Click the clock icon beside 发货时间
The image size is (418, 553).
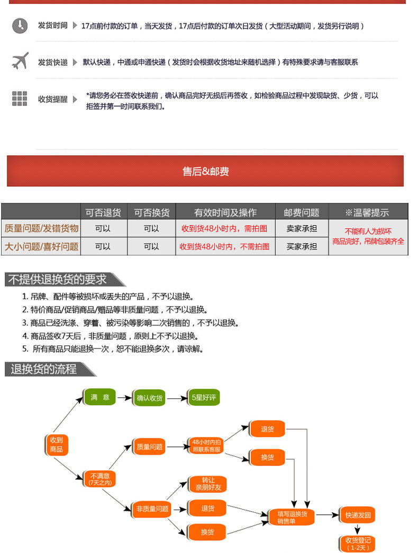(20, 25)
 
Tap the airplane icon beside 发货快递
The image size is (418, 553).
(20, 61)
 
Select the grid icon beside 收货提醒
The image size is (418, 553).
(20, 99)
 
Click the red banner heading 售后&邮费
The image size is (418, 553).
(205, 171)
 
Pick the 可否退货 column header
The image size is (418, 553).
(103, 212)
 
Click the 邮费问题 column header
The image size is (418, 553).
(302, 212)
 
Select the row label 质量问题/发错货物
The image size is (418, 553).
(41, 228)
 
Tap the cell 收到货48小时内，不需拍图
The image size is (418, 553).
(225, 246)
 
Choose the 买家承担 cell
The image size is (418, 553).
(302, 246)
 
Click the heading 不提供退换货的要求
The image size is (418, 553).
(57, 279)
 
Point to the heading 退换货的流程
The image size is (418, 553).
(43, 369)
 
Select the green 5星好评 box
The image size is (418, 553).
(204, 397)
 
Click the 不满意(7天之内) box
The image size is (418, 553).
(99, 479)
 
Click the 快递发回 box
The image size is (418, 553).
(358, 515)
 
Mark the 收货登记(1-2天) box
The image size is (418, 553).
(358, 543)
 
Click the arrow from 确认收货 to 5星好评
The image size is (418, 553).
(177, 397)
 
